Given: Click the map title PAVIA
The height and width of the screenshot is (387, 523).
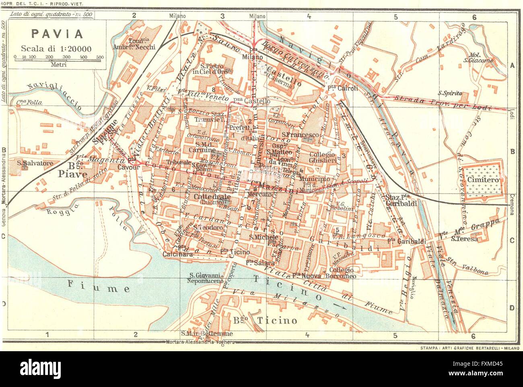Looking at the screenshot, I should [x=56, y=34].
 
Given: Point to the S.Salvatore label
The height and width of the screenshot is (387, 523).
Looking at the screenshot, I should [x=35, y=164].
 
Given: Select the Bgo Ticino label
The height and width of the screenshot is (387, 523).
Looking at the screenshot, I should [x=266, y=320].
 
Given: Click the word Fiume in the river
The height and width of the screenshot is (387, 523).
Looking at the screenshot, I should [x=99, y=288].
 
